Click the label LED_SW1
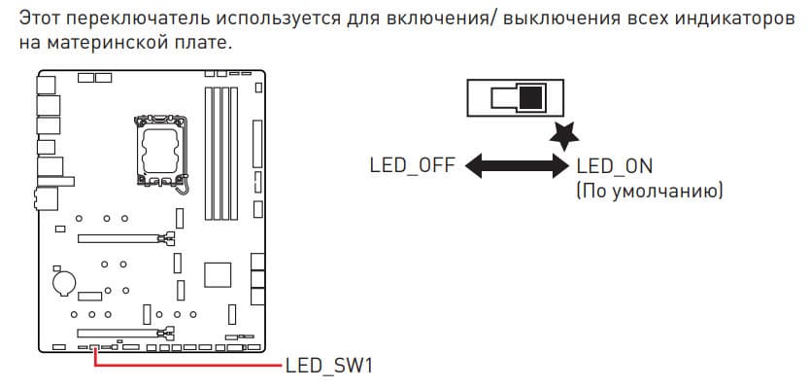(x=329, y=367)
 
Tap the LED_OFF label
(x=411, y=164)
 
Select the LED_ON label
(x=615, y=164)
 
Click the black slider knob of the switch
(x=532, y=98)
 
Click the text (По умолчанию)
(x=650, y=190)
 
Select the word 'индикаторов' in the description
(x=724, y=18)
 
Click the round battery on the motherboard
(x=64, y=282)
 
